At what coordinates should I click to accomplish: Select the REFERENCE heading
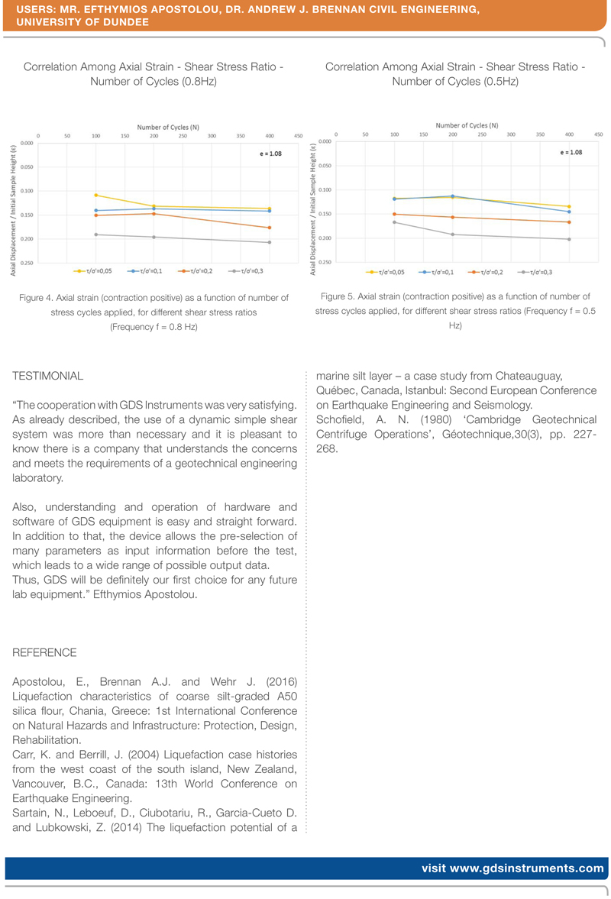[45, 652]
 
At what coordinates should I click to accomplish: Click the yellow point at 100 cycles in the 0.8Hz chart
[96, 196]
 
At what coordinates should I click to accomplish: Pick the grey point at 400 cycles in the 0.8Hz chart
[270, 242]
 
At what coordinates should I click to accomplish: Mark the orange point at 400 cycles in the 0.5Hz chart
[568, 222]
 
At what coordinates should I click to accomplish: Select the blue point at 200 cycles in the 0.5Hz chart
[452, 196]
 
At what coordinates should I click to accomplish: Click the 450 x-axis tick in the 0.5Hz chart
[598, 134]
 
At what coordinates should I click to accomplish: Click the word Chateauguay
[525, 377]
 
